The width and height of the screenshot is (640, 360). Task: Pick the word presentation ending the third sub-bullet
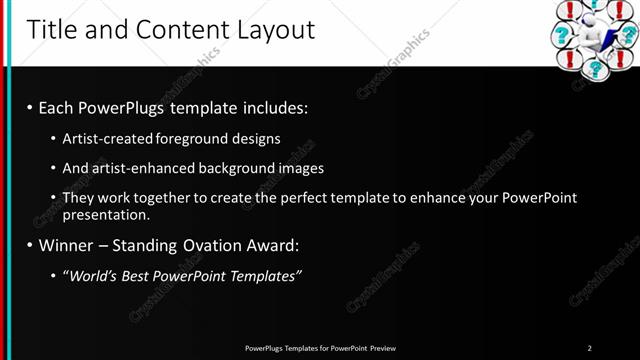pyautogui.click(x=105, y=214)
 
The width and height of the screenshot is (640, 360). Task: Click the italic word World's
pyautogui.click(x=90, y=275)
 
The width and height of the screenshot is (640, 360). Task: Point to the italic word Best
pyautogui.click(x=138, y=275)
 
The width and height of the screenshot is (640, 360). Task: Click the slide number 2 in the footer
pyautogui.click(x=590, y=348)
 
